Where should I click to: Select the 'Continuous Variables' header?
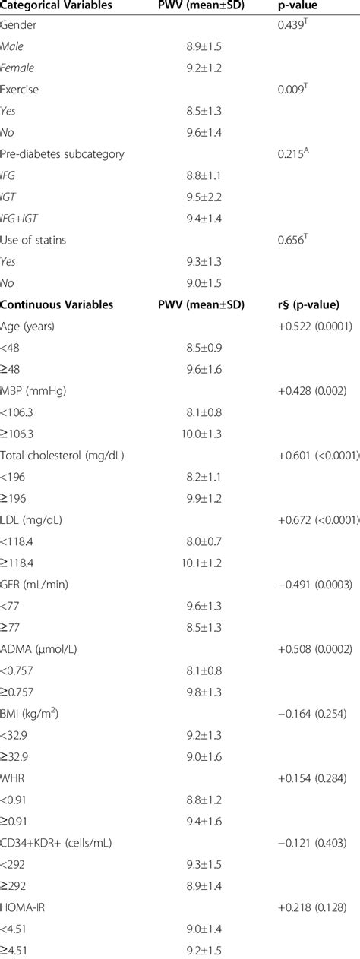(57, 305)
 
